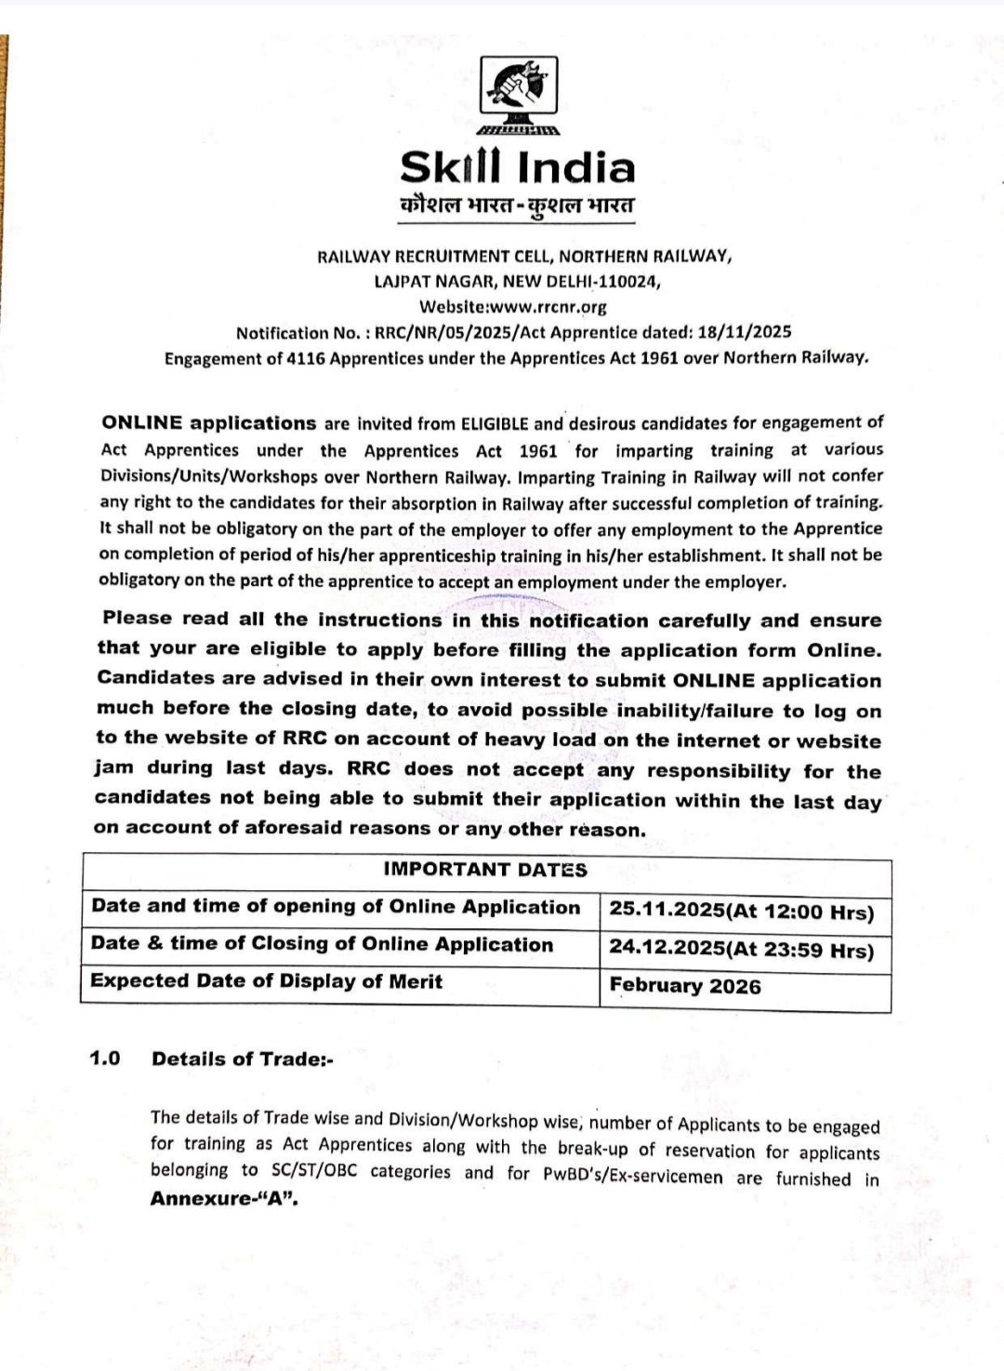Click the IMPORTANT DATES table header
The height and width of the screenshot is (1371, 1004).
point(485,870)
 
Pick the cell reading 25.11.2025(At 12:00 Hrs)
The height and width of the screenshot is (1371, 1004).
point(742,911)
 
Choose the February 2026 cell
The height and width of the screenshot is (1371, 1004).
point(685,986)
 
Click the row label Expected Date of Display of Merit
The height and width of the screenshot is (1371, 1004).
point(267,981)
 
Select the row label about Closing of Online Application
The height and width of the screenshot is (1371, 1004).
point(322,944)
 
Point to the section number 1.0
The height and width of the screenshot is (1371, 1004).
point(105,1058)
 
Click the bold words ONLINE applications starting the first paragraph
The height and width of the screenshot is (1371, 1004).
point(209,423)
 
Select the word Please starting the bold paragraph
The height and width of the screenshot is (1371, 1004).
point(138,619)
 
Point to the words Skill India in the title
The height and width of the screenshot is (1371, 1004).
point(518,167)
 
